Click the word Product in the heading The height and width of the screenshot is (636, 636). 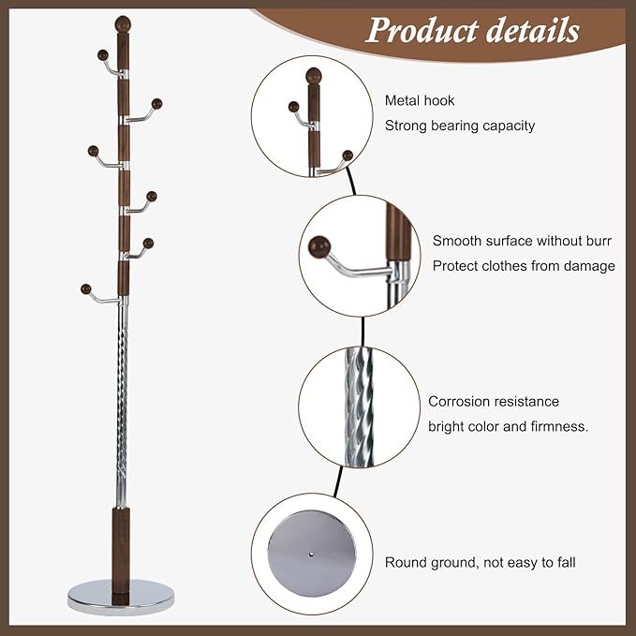point(422,30)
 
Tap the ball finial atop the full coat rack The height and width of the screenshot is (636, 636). point(123,23)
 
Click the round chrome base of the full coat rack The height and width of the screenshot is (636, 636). point(121,597)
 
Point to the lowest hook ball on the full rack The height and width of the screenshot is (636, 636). point(85,288)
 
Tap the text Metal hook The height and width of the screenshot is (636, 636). point(420,100)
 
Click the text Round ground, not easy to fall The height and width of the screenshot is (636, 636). point(480,563)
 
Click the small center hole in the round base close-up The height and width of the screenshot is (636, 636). point(311,554)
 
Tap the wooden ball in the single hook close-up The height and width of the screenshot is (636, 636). point(319,247)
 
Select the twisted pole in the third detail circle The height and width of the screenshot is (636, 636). point(359,407)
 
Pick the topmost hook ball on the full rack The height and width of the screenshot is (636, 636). point(103,54)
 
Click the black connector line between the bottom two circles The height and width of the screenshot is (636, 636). point(338,481)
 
